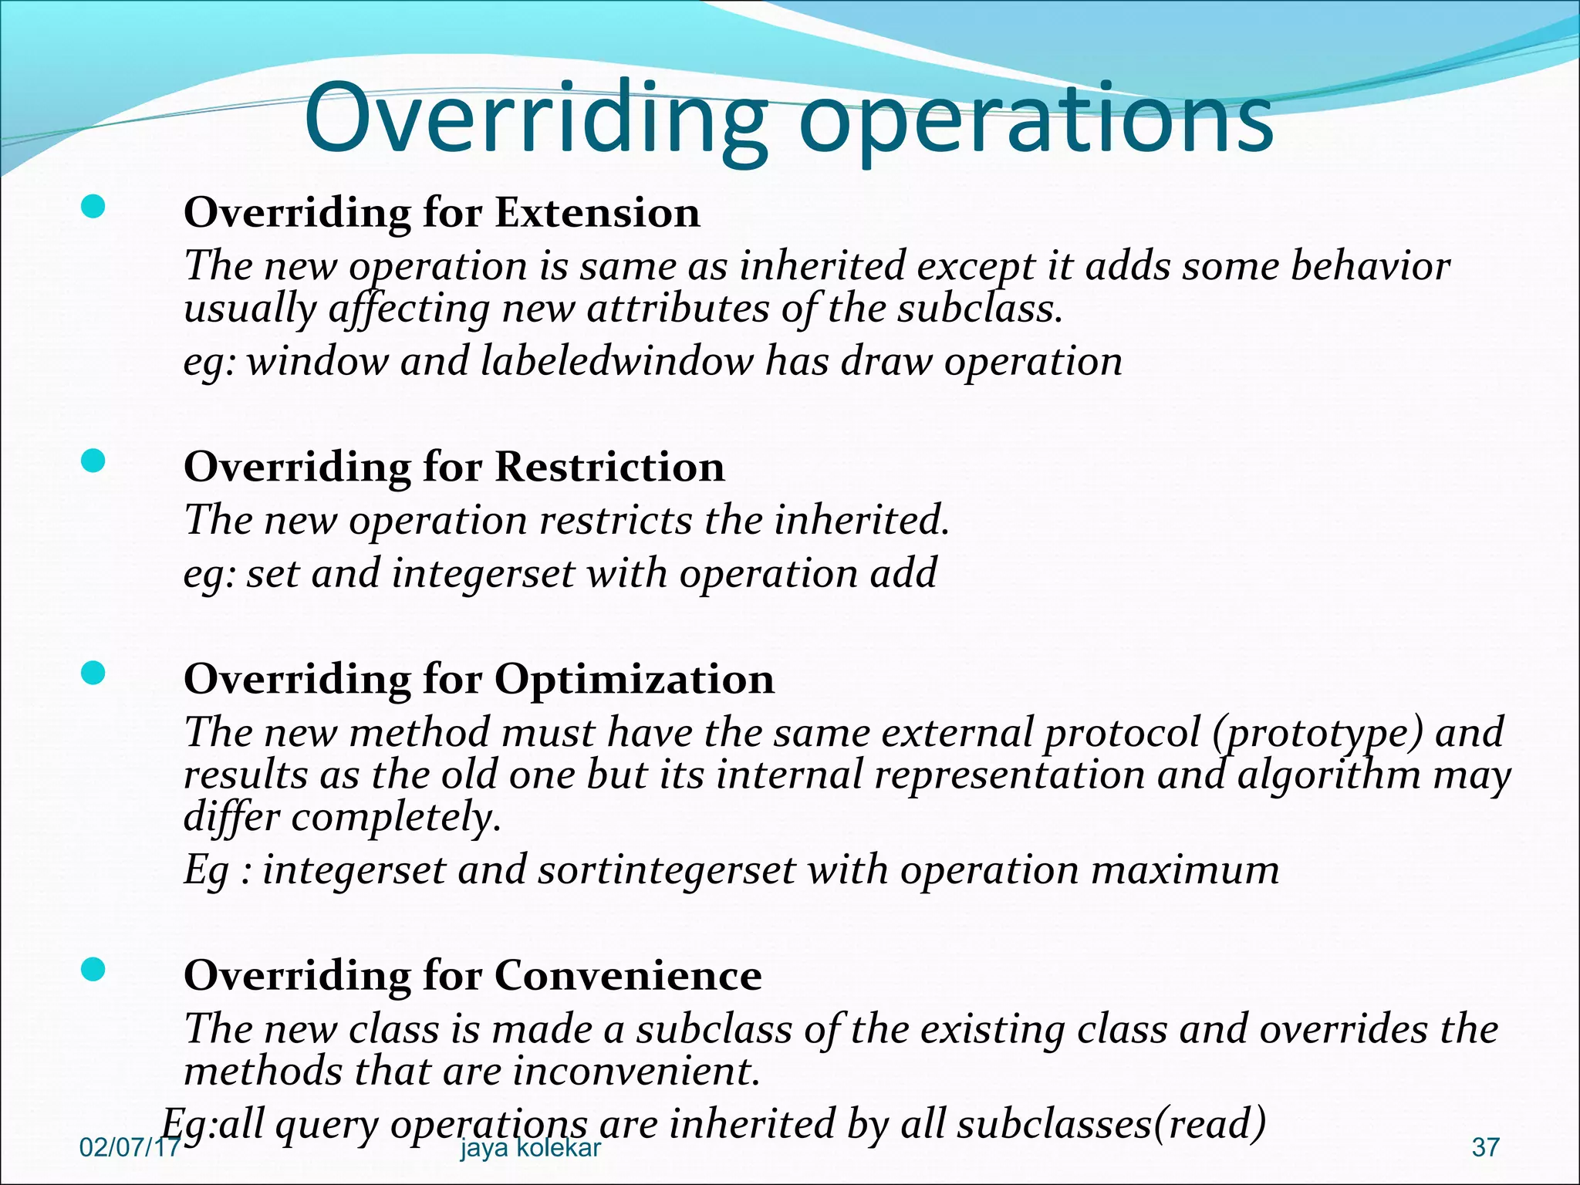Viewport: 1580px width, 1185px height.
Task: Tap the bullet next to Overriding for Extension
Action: click(x=93, y=207)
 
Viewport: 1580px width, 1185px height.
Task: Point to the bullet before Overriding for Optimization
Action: click(x=93, y=674)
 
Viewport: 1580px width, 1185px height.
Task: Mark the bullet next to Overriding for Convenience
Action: click(x=93, y=970)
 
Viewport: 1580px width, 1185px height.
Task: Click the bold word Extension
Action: click(x=597, y=212)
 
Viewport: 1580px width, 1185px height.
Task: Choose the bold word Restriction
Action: click(x=609, y=467)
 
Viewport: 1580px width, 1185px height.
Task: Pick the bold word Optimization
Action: click(x=634, y=679)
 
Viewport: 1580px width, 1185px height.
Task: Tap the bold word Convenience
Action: click(x=628, y=975)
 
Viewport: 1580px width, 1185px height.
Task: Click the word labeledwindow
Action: click(x=616, y=361)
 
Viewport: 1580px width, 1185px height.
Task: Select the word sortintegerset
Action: click(x=667, y=870)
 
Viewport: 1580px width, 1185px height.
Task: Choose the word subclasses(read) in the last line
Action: click(x=1111, y=1123)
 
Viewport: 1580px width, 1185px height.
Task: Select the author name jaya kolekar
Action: click(x=530, y=1148)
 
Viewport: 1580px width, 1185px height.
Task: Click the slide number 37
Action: click(x=1485, y=1147)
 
